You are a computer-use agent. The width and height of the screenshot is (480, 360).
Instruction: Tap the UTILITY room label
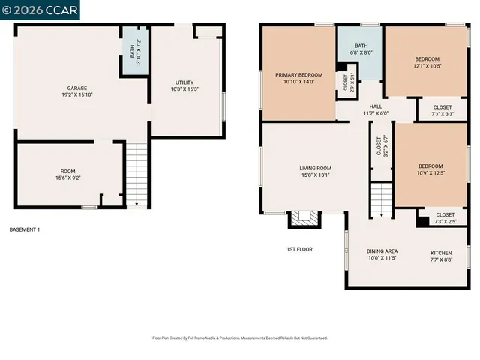[184, 85]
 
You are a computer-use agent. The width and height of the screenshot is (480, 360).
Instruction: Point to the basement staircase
[136, 174]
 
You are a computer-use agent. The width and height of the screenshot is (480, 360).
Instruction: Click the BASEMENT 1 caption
[25, 229]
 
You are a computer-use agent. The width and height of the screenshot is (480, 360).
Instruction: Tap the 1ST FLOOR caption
[299, 249]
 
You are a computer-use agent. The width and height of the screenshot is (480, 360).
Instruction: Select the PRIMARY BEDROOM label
[298, 78]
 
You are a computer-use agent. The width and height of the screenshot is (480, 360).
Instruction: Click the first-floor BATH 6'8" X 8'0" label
[361, 50]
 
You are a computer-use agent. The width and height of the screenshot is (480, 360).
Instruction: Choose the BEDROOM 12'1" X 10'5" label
[427, 63]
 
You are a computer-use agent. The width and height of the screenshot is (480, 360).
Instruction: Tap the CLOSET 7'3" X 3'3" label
[442, 110]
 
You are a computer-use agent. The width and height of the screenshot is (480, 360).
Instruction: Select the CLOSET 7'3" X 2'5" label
[445, 218]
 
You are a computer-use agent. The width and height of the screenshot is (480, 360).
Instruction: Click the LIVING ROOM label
[315, 172]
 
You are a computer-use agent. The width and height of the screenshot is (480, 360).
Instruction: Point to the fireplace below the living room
[304, 218]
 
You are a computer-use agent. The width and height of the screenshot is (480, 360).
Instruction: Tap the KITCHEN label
[441, 256]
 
